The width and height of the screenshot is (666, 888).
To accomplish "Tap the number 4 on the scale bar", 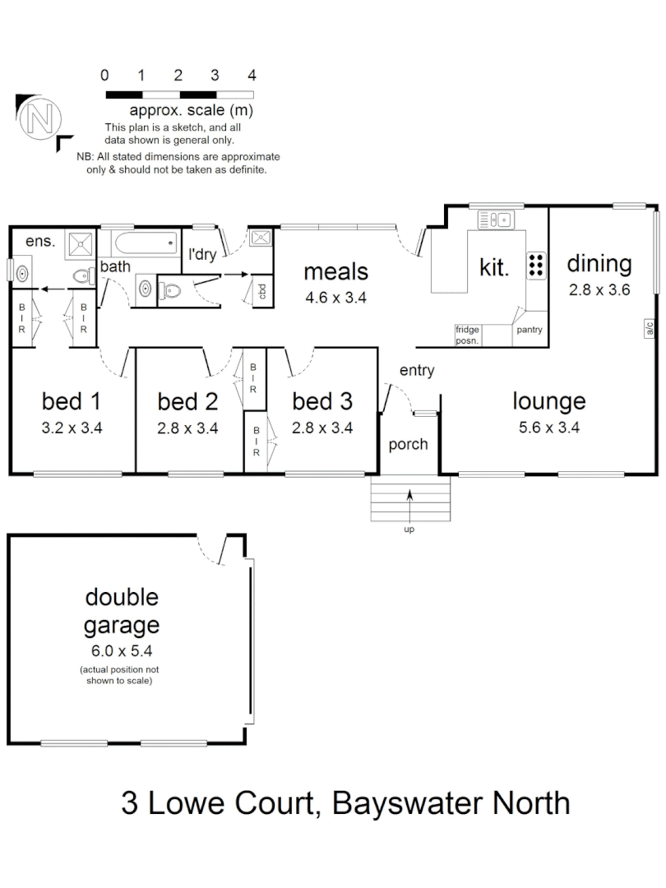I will pos(252,76).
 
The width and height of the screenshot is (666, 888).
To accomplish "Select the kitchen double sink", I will pos(496,219).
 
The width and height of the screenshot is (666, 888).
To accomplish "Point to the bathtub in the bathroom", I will pos(146,242).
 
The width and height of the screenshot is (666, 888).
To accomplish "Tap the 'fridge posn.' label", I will pos(469,334).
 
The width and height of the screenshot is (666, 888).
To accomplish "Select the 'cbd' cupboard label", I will pos(261,290).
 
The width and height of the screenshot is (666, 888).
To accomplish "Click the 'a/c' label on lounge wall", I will pos(650,329).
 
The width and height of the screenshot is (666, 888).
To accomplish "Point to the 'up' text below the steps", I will pos(409,529).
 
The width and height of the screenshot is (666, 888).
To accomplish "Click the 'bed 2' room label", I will pos(187,401).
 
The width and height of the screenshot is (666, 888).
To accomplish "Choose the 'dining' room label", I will pos(599,264).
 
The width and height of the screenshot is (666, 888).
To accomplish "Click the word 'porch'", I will pos(408,444).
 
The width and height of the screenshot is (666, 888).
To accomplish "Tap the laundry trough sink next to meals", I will pos(261,238).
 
